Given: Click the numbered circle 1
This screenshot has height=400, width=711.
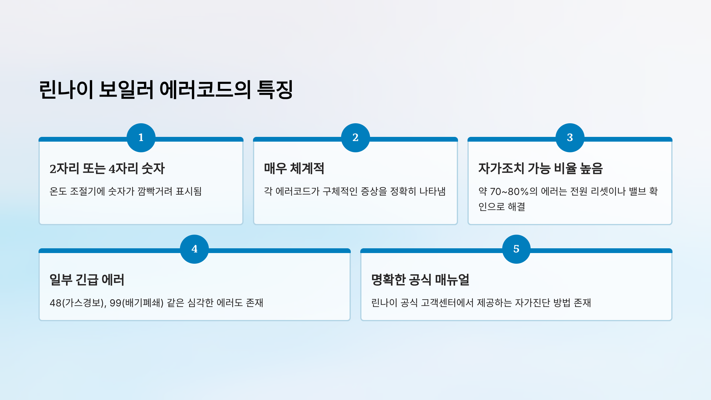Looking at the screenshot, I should pyautogui.click(x=141, y=138).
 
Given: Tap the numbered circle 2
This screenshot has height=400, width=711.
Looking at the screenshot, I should pyautogui.click(x=355, y=138).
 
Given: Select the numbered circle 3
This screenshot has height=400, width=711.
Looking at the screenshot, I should pyautogui.click(x=570, y=138).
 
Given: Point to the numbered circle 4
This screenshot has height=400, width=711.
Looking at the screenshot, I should pyautogui.click(x=194, y=249).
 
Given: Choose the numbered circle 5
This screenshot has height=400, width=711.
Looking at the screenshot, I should pyautogui.click(x=516, y=249).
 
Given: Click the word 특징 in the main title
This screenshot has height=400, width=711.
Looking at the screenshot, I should pyautogui.click(x=275, y=89).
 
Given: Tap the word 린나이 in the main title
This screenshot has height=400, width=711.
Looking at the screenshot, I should pyautogui.click(x=66, y=89).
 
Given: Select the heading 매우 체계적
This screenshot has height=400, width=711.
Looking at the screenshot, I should pyautogui.click(x=294, y=169).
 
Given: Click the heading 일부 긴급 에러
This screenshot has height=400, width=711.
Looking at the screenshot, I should pyautogui.click(x=87, y=280).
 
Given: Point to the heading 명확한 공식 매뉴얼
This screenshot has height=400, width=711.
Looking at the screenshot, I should pyautogui.click(x=420, y=280).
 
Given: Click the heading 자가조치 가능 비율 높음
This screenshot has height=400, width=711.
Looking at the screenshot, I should pyautogui.click(x=540, y=169).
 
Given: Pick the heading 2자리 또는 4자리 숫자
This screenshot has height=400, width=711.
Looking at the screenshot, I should pyautogui.click(x=107, y=169).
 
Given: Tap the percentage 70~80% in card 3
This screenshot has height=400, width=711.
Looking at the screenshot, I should pyautogui.click(x=509, y=192).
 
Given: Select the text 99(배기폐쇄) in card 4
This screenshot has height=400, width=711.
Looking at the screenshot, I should pyautogui.click(x=137, y=303).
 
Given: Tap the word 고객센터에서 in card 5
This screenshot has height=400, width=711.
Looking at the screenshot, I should pyautogui.click(x=447, y=303).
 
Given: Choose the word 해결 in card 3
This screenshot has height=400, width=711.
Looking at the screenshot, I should pyautogui.click(x=516, y=207).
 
